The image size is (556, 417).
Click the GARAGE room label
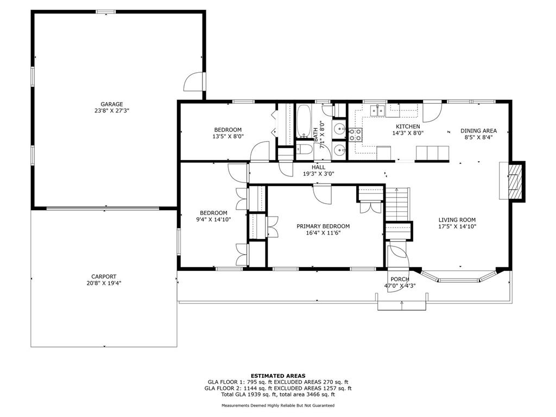(112, 104)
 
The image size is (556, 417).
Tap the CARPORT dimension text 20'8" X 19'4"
(104, 283)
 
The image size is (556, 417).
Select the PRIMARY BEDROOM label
(323, 226)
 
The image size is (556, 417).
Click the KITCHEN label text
(408, 127)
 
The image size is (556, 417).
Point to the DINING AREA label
(478, 131)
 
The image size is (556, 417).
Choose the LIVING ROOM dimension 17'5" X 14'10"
(457, 226)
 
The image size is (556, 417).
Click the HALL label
(318, 167)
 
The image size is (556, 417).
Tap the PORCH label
(400, 280)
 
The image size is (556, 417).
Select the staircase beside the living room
(397, 204)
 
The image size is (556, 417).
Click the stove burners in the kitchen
(355, 135)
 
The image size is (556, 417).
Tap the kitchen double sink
(377, 111)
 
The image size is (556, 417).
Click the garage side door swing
(194, 81)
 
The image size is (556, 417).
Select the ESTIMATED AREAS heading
(278, 376)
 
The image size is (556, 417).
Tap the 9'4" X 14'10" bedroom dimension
(213, 219)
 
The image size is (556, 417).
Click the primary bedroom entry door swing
(323, 194)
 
